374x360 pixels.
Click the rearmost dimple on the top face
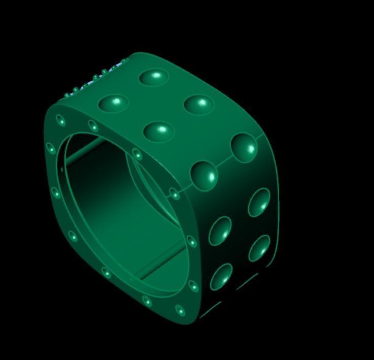coord(154,77)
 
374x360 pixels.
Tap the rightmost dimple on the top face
coord(198,104)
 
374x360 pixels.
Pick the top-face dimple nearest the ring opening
coord(158,132)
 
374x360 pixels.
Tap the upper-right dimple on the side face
coord(259,202)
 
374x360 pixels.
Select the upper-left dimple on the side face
coord(221,231)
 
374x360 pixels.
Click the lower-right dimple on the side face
coord(259,248)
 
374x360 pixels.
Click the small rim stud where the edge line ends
coord(175,193)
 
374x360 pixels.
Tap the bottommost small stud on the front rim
coord(180,310)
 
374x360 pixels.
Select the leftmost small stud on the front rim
coord(51,148)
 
